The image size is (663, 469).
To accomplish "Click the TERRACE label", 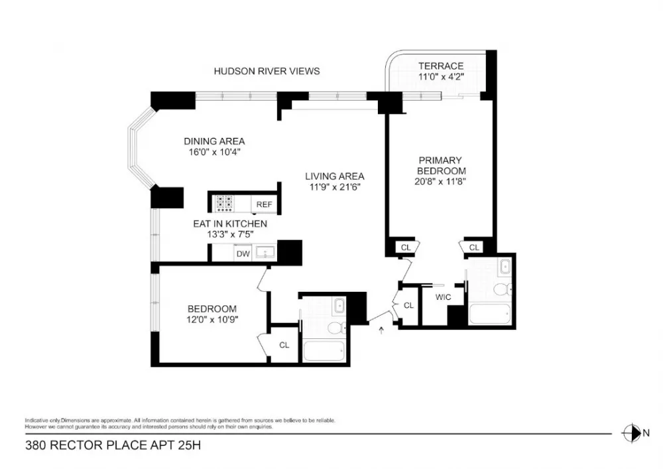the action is pos(441,66).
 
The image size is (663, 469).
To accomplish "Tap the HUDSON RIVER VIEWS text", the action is pos(267,71).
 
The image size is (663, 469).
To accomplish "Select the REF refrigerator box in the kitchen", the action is pos(265,204).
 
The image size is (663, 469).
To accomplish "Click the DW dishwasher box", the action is pos(243,254).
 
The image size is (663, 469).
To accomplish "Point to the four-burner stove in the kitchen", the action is pos(224,203).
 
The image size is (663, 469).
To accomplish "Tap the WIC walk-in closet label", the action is pos(443,297).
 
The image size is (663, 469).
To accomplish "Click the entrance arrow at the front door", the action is pos(381,330).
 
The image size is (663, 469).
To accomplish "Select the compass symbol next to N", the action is pos(631,433).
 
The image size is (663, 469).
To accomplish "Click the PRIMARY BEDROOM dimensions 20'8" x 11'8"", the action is pos(440,182).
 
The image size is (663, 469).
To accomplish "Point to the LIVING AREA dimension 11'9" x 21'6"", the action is pos(335,187).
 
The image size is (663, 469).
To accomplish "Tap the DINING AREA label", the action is pos(214,141).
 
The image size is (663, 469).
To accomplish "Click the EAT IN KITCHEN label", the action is pos(230,224).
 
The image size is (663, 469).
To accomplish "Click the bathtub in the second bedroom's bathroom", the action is pos(324,350).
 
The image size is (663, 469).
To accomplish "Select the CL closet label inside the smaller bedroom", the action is pos(284,345).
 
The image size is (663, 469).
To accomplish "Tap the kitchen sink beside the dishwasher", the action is pos(265,253).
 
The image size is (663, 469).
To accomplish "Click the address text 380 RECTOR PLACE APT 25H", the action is pos(113,445).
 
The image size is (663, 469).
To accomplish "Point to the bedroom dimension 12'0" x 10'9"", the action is pos(212,320).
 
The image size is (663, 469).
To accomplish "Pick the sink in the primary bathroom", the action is pos(505,267).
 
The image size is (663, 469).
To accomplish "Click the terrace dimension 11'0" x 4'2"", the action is pos(441,77).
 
